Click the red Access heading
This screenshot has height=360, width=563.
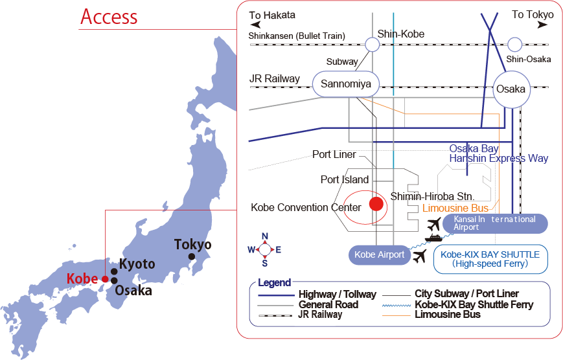[108, 17]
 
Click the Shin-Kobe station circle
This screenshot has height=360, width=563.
[373, 44]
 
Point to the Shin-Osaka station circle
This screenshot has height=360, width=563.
[514, 44]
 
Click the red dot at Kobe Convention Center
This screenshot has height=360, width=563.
[376, 204]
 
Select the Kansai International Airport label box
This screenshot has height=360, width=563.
[495, 223]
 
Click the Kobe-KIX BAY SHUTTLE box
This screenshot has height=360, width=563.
[490, 258]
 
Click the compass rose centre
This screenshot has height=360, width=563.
[264, 249]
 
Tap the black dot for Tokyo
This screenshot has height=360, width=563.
[192, 257]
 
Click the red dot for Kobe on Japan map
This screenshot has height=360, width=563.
[105, 279]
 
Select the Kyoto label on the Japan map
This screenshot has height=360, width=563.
[137, 264]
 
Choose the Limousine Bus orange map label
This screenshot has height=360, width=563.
[455, 208]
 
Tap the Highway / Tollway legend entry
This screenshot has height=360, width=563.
[337, 295]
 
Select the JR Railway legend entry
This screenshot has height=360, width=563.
[320, 315]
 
